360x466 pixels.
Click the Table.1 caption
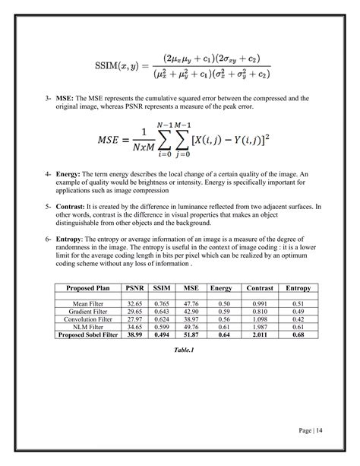(179, 350)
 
